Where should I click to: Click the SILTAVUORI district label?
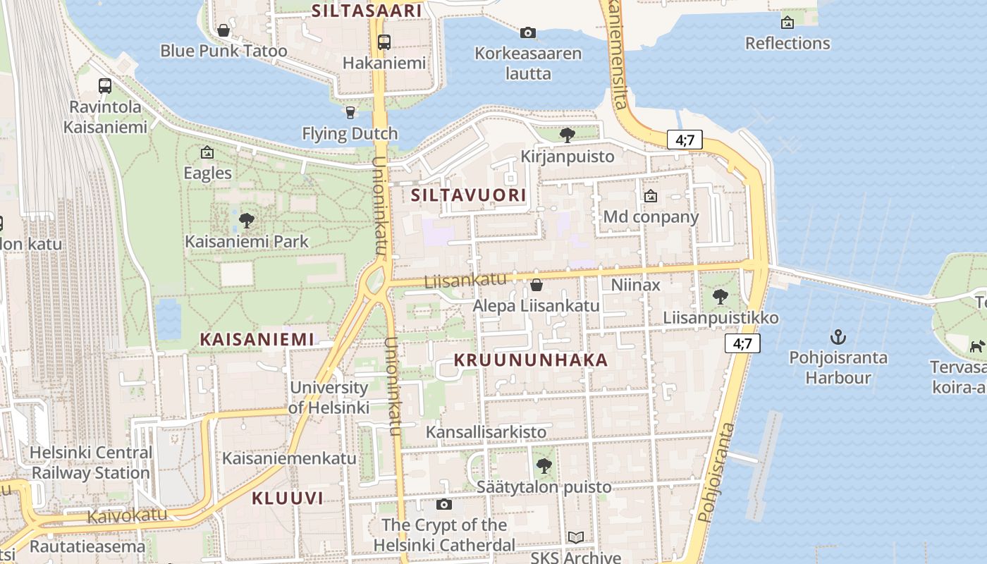[468, 195]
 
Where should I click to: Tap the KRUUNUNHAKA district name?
[530, 360]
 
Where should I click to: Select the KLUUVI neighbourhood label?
[288, 498]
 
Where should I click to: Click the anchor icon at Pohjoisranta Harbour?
[838, 336]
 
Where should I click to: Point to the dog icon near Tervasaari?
[976, 347]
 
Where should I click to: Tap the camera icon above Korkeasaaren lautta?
[527, 32]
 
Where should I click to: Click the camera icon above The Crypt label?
[443, 504]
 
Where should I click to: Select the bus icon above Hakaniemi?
[384, 42]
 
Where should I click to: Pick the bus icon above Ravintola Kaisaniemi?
[105, 86]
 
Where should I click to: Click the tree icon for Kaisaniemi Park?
[246, 221]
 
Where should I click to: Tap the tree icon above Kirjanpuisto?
[567, 135]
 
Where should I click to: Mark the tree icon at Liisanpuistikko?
[720, 297]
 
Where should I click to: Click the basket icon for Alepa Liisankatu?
[536, 285]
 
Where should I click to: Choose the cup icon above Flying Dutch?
[350, 113]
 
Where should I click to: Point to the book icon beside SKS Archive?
[576, 537]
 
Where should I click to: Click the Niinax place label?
[635, 285]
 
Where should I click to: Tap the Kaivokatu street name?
[127, 515]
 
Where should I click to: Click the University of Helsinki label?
[329, 397]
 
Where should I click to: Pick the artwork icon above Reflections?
[787, 23]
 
